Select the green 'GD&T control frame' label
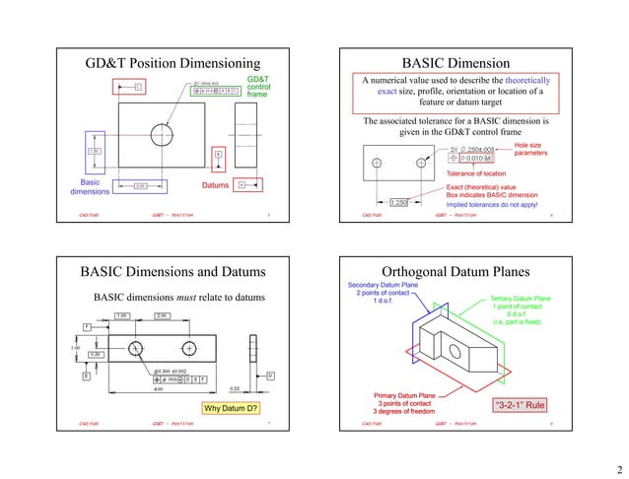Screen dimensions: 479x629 point(257,87)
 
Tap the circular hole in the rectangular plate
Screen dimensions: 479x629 point(163,135)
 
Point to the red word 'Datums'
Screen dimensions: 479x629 point(215,185)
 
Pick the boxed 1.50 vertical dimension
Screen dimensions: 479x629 point(95,151)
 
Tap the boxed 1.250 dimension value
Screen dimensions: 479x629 point(398,203)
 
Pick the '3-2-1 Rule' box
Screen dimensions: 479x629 point(520,404)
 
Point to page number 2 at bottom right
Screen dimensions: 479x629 point(617,468)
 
